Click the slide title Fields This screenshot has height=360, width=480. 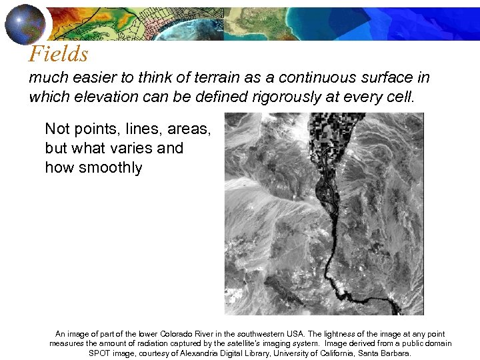pos(59,54)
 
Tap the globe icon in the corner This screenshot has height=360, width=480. pos(25,23)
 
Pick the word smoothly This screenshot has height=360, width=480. pos(111,167)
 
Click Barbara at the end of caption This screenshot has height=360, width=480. pos(395,353)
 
